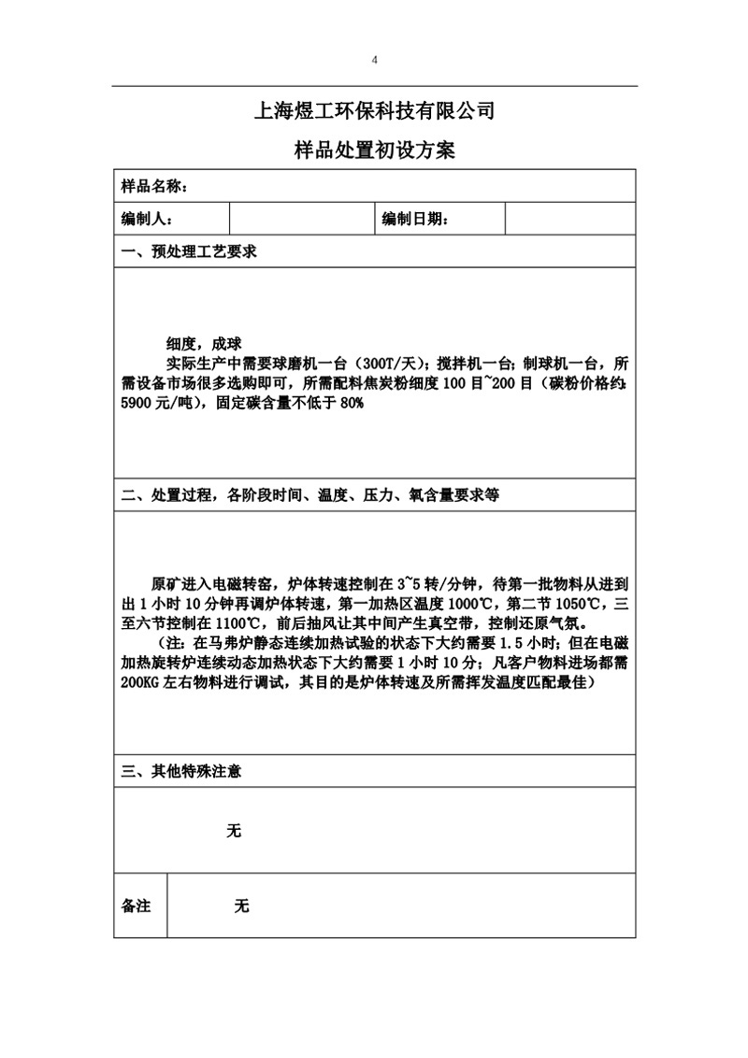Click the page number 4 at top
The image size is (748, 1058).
pos(374,60)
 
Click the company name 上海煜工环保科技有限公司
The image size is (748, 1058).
pos(374,112)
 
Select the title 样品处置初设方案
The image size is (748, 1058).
pos(374,150)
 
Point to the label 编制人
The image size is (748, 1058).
pos(147,219)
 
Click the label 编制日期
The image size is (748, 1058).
pos(415,219)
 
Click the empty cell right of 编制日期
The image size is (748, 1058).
pos(570,219)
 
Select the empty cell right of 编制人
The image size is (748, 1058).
pos(301,219)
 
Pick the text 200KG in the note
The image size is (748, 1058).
pos(140,683)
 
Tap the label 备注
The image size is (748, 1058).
pos(137,906)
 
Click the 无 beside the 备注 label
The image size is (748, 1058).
pos(242,906)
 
